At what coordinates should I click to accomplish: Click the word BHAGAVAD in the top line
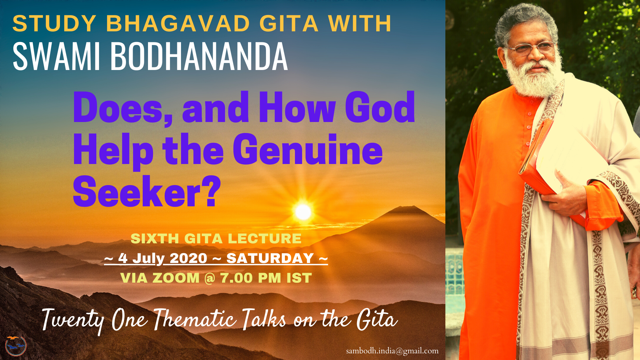[178, 24]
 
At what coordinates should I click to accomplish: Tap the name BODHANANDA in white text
[199, 56]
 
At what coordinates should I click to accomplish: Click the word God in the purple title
[380, 107]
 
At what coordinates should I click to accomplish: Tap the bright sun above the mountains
[303, 212]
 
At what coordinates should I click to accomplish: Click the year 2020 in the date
[188, 258]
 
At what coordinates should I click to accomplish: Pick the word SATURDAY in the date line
[270, 258]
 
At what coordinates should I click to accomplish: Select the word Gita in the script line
[377, 319]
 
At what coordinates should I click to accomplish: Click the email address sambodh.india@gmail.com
[392, 351]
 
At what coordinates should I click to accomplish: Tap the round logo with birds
[16, 346]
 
